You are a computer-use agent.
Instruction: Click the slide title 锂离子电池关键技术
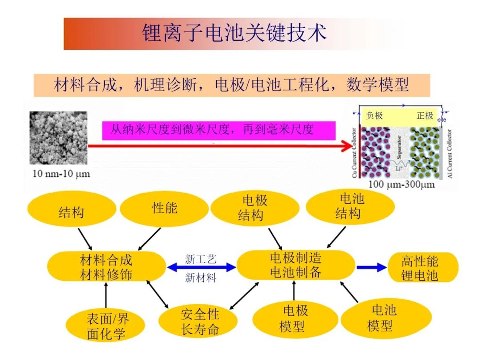coord(234,33)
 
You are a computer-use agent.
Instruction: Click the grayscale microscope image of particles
coord(58,138)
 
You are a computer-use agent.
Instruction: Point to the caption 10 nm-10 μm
coord(61,174)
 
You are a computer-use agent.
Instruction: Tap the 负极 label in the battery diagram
coord(374,116)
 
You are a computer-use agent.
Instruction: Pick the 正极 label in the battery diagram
coord(424,116)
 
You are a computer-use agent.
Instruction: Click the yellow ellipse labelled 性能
coord(164,208)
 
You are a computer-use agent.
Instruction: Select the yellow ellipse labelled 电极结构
coord(254,208)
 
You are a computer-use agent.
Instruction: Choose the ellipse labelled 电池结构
coord(350,207)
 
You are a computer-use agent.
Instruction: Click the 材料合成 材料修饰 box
coord(106,267)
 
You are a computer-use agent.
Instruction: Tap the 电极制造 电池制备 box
coord(295,265)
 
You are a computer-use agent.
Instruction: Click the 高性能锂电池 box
coord(422,267)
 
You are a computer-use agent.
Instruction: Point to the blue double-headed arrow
coord(201,267)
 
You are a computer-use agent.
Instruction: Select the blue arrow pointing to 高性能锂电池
coord(372,267)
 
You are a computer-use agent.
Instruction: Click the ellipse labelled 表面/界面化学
coord(105,327)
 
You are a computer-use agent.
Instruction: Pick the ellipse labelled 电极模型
coord(294,319)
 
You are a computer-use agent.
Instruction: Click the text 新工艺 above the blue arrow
coord(200,258)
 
